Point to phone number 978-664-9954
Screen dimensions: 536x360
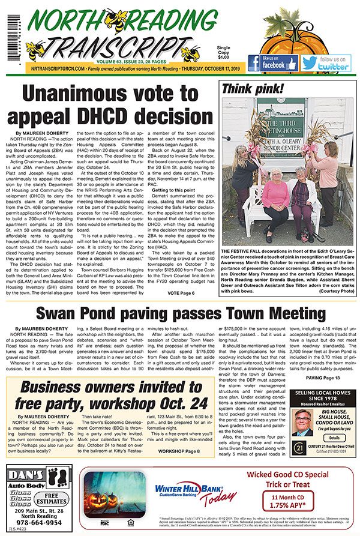(38, 522)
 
